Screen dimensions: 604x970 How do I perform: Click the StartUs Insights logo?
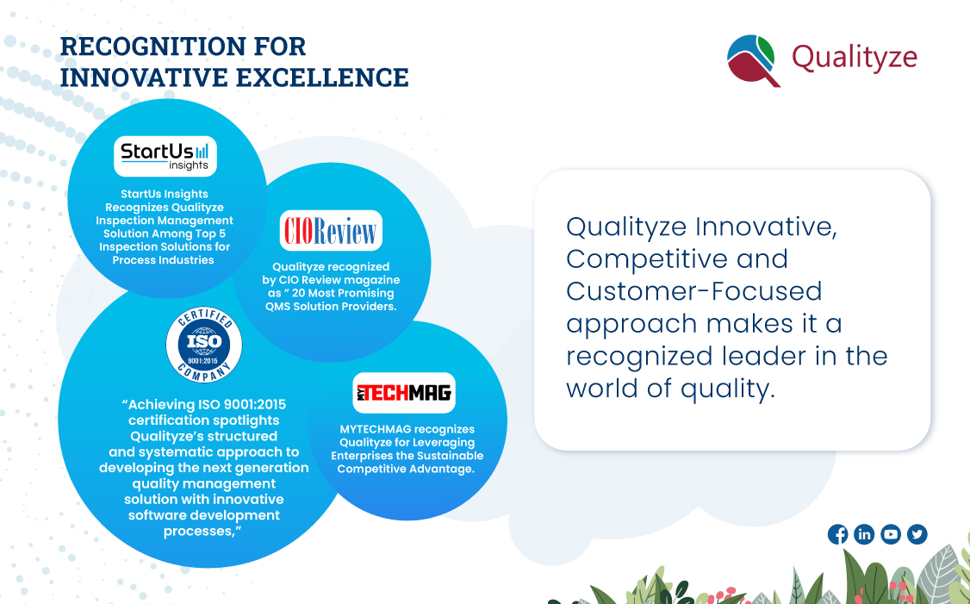pyautogui.click(x=165, y=156)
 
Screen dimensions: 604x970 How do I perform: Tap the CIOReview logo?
pyautogui.click(x=331, y=231)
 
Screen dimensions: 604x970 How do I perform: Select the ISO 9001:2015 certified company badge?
pyautogui.click(x=204, y=347)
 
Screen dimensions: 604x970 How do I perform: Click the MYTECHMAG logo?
pyautogui.click(x=403, y=393)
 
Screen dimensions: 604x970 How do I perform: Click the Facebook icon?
pyautogui.click(x=837, y=534)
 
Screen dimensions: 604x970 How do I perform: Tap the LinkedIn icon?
pyautogui.click(x=864, y=534)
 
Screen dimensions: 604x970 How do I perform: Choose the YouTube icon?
pyautogui.click(x=891, y=534)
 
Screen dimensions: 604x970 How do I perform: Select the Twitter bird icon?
pyautogui.click(x=917, y=534)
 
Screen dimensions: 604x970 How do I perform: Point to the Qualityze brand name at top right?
pyautogui.click(x=854, y=58)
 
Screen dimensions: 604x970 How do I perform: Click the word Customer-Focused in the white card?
pyautogui.click(x=693, y=290)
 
